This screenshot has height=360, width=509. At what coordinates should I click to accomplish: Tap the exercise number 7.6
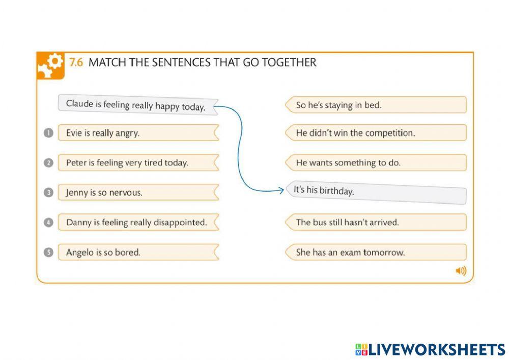tap(76, 63)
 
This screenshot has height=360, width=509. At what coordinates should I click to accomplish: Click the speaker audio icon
tap(461, 271)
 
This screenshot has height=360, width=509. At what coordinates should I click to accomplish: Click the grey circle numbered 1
tap(48, 133)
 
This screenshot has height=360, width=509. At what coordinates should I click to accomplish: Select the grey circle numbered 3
tap(48, 193)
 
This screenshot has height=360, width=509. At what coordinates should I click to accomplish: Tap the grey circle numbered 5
tap(48, 252)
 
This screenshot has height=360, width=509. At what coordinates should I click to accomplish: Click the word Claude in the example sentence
tap(79, 103)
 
